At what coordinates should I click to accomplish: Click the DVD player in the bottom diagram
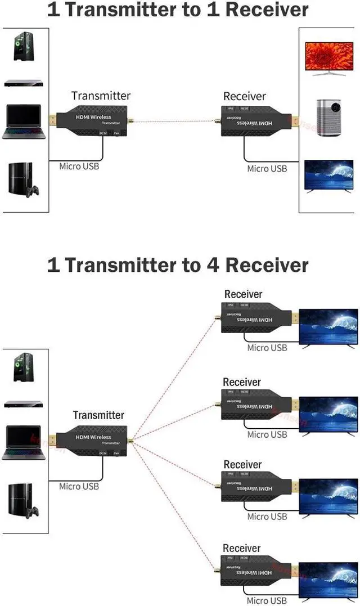(24, 403)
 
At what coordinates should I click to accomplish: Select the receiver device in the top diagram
(254, 121)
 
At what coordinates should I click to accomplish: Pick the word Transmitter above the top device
(101, 96)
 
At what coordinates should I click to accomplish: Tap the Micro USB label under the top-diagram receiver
(267, 168)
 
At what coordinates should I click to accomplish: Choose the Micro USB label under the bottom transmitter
(79, 486)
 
